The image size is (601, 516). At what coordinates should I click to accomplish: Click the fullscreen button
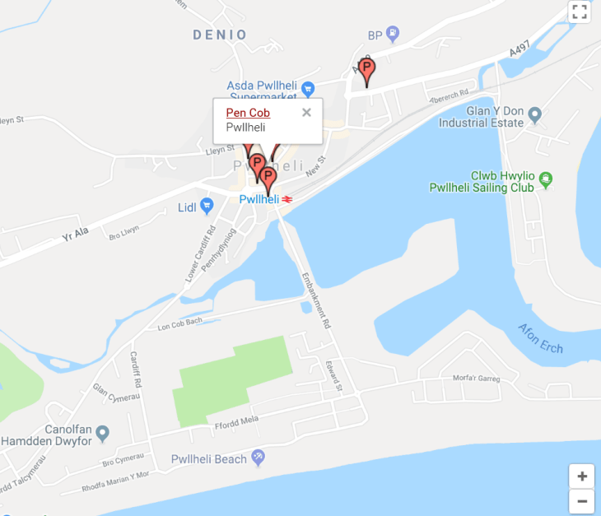tap(580, 12)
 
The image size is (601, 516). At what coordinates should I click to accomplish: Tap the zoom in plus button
tap(581, 476)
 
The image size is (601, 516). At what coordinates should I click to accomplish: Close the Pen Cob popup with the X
tap(306, 113)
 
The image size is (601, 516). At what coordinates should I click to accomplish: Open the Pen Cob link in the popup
tap(248, 113)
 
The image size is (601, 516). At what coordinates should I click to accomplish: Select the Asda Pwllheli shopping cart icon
tap(308, 88)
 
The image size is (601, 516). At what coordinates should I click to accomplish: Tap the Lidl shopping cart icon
tap(207, 207)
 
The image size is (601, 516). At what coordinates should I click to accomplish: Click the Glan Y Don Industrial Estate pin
tap(534, 113)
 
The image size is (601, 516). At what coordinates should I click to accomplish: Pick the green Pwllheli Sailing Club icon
tap(545, 177)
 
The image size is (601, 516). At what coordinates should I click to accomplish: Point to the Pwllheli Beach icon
tap(259, 458)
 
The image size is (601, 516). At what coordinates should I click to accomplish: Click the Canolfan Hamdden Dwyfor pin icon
tap(102, 432)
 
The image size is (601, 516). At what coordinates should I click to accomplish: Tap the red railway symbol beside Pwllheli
tap(288, 199)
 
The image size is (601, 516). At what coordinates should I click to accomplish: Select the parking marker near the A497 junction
tap(366, 71)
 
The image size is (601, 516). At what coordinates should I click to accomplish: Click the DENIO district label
tap(220, 35)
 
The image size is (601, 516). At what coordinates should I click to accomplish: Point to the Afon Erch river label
tap(540, 338)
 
